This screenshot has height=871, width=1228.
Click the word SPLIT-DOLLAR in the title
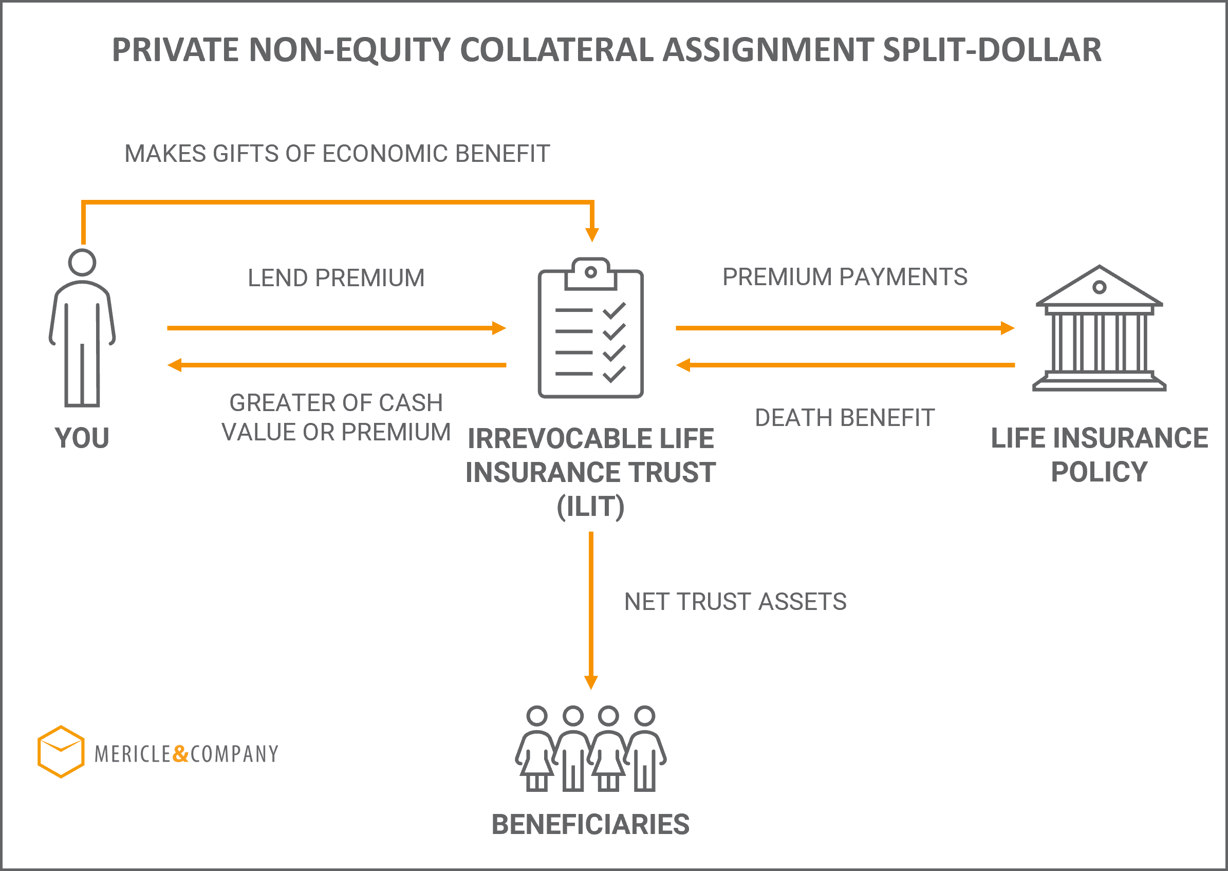coord(992,50)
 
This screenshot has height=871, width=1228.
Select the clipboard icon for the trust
coord(590,328)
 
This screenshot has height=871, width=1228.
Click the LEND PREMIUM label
coord(336,278)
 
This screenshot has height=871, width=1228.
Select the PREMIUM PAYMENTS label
coord(845,277)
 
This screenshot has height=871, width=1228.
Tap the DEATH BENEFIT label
coord(845,417)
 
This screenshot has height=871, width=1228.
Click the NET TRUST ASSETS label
coord(736,601)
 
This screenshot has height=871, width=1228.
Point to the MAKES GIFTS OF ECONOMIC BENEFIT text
coord(337,154)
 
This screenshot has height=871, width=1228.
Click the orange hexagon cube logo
coord(61,751)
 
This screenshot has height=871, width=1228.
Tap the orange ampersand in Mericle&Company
coord(181,753)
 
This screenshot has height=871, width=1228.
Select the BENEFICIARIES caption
coord(590,824)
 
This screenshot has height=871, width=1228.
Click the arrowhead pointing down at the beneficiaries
coord(591,683)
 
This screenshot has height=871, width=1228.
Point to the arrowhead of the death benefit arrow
coord(683,365)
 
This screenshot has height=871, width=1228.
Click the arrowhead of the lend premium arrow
coord(499,328)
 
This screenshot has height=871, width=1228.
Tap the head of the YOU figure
coord(82,262)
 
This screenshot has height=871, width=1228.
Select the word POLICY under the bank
coord(1100,472)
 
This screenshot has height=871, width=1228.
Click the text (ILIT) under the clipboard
coord(590,507)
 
